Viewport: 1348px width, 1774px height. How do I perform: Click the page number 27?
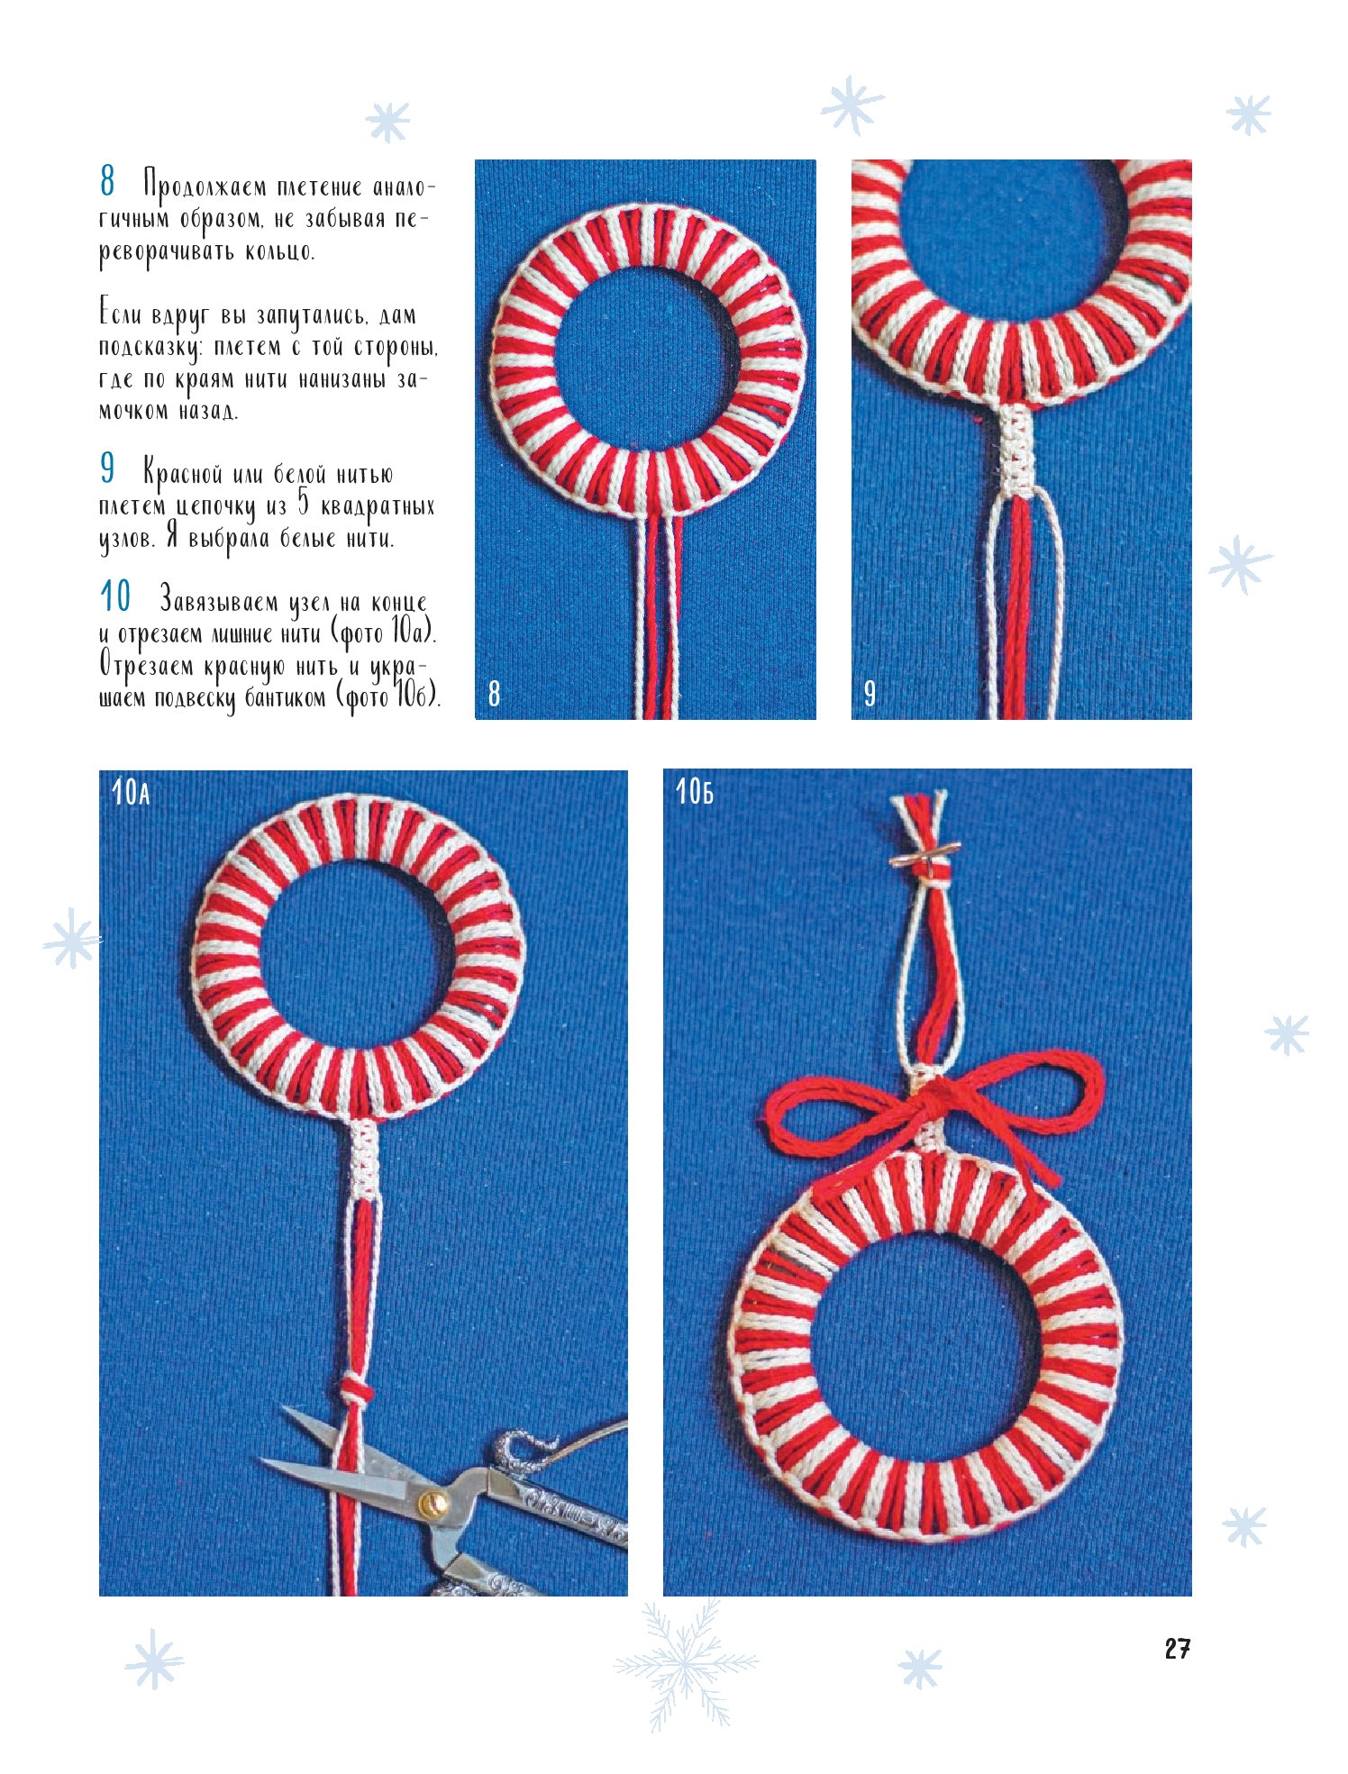point(1177,1649)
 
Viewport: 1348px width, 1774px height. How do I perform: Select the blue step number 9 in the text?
point(107,469)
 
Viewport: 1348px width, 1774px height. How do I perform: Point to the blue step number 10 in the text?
point(115,596)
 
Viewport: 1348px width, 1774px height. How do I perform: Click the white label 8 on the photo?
point(494,693)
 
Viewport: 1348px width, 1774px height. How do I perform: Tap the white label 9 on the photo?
point(870,693)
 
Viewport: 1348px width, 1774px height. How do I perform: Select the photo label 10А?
point(131,793)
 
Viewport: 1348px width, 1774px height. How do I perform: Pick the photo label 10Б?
point(695,792)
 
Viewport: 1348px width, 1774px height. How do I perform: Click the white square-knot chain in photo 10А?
point(364,1159)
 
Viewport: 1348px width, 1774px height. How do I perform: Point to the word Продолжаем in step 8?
point(205,187)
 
